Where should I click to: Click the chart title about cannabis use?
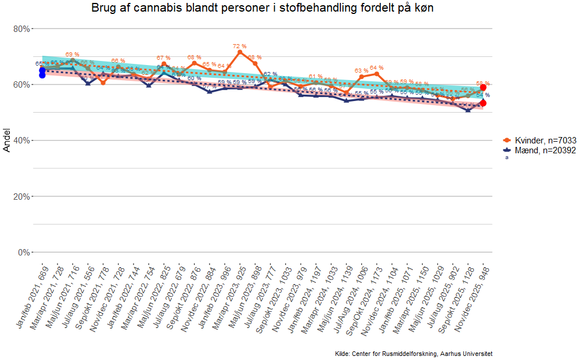[x=262, y=8]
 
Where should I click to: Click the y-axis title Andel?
[x=7, y=141]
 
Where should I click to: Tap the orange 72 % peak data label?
[x=240, y=46]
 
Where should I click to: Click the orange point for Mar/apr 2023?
[x=240, y=52]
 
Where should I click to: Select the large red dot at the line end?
[x=483, y=87]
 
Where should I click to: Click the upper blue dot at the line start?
[x=42, y=70]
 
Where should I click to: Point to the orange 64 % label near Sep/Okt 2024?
[x=377, y=68]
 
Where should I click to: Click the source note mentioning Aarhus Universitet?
[x=413, y=354]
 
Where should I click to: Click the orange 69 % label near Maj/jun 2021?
[x=73, y=54]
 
